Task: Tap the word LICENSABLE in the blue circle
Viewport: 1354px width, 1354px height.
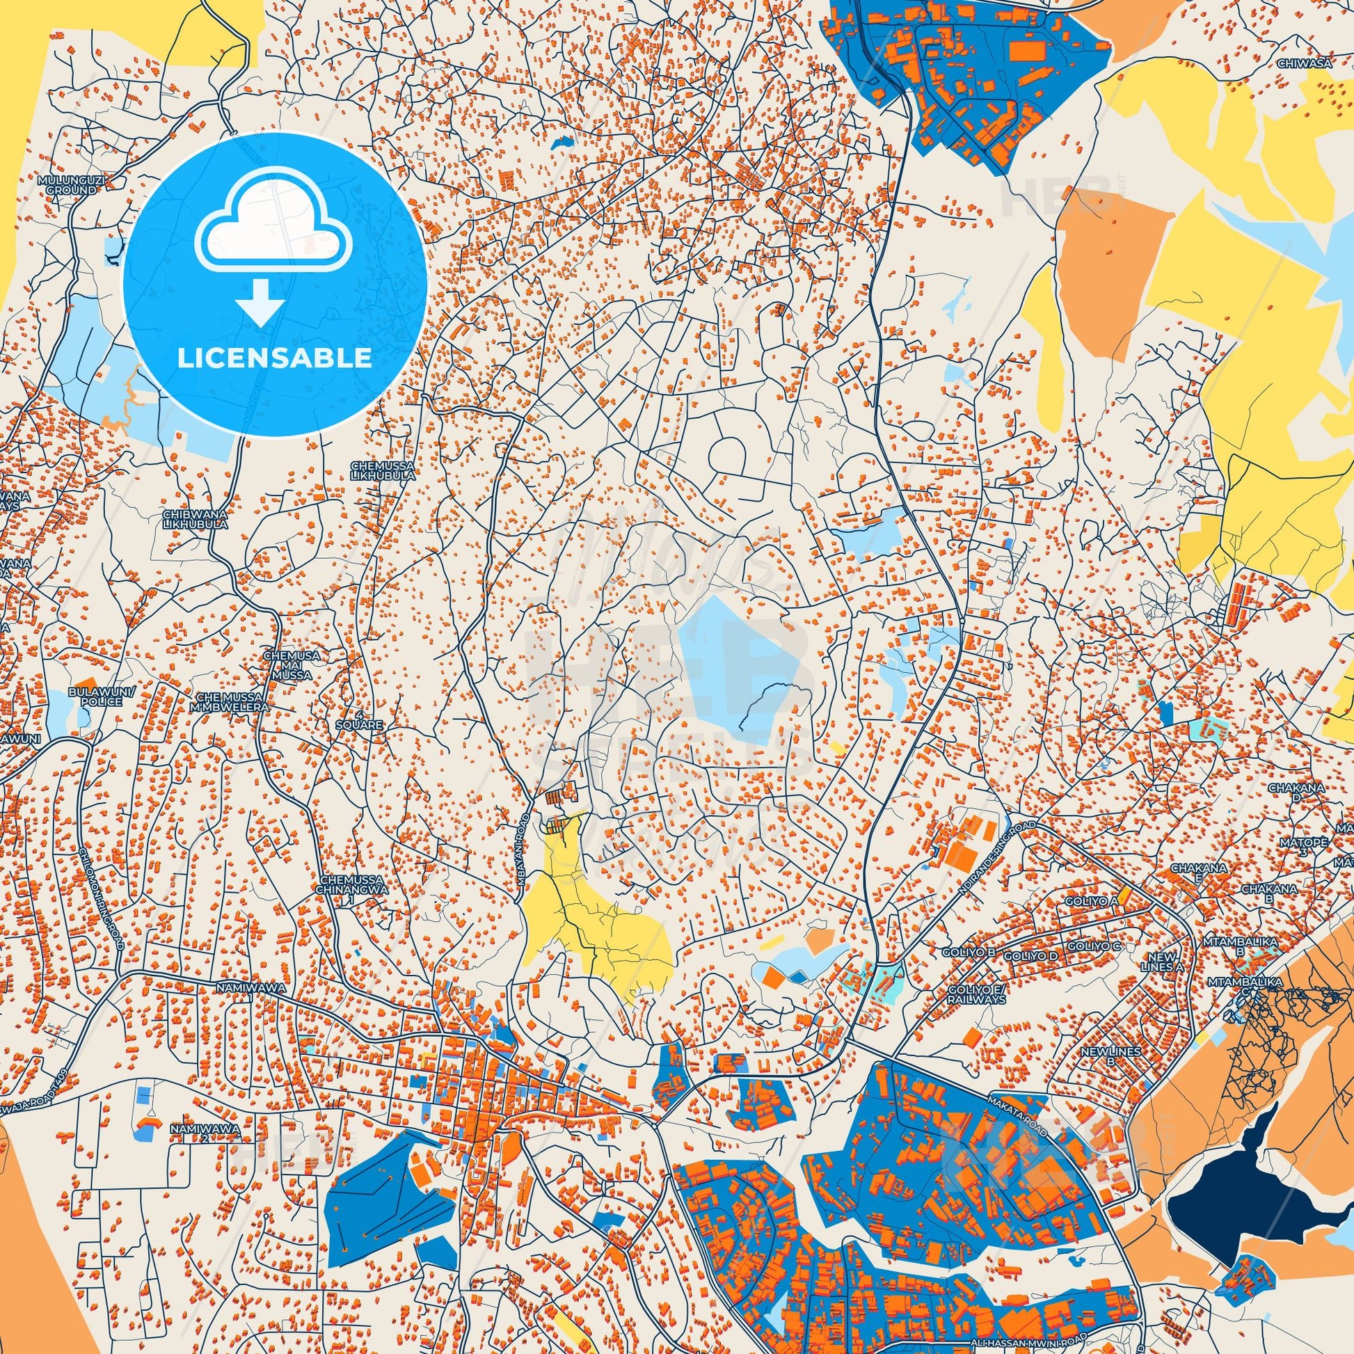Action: tap(275, 358)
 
